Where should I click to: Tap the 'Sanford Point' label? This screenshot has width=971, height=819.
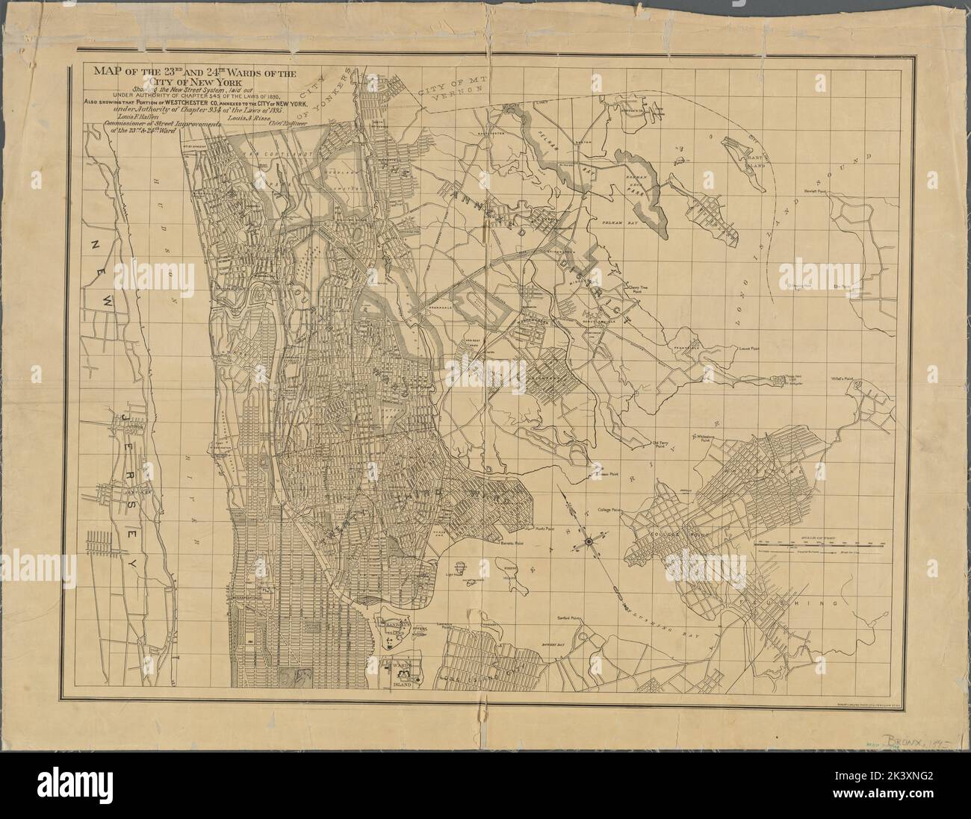tap(569, 618)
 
